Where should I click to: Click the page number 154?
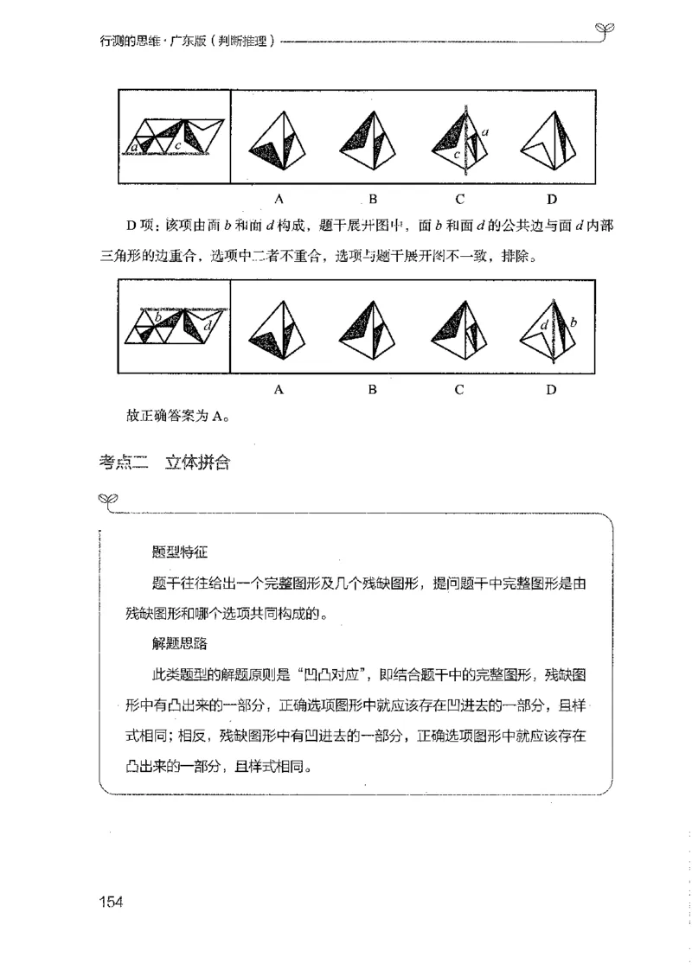tap(113, 903)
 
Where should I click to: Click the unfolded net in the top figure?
tap(176, 137)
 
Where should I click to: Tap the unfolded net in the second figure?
tap(176, 327)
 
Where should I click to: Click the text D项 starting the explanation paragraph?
tap(138, 226)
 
